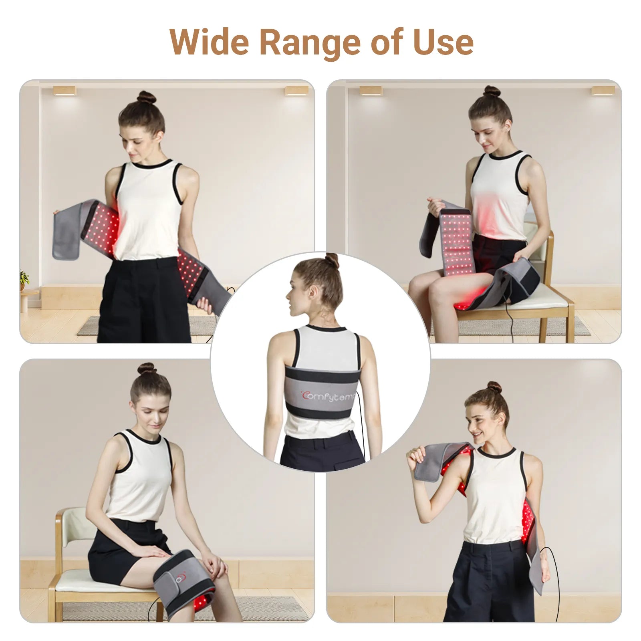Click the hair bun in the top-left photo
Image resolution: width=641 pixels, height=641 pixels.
tap(146, 97)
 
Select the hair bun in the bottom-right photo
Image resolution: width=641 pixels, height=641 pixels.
tap(493, 387)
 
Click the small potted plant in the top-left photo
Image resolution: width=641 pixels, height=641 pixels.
tap(24, 278)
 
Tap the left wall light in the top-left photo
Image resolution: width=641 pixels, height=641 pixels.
tap(65, 91)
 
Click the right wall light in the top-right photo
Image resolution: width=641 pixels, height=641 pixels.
tap(603, 91)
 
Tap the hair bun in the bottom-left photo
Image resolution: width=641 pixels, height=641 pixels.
tap(147, 369)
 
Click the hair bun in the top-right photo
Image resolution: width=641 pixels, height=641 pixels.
tap(492, 92)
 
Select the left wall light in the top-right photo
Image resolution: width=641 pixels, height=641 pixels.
tap(371, 91)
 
